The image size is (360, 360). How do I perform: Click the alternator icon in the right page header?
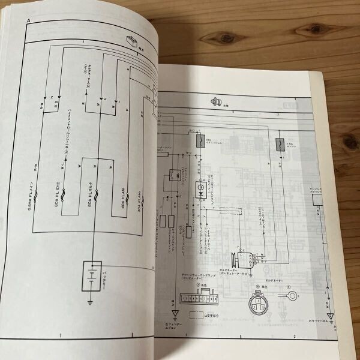(215, 103)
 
